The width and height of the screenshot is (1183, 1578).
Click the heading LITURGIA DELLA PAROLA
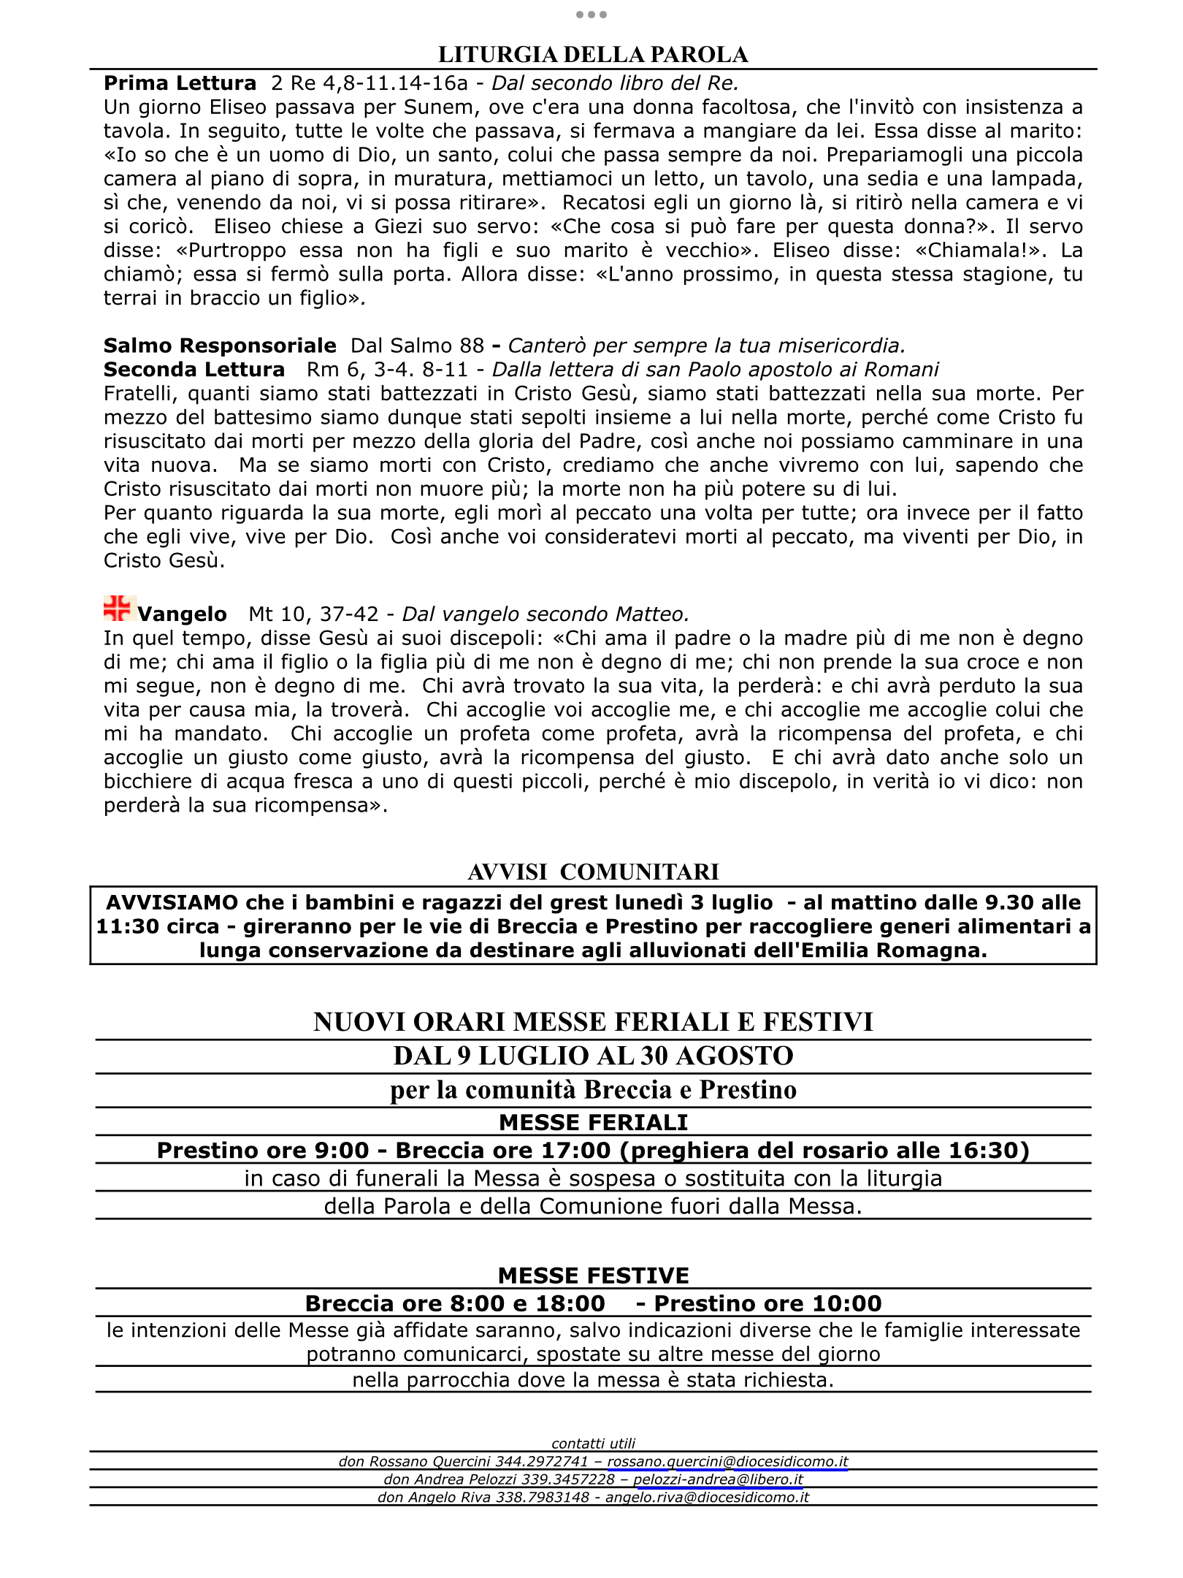coord(592,55)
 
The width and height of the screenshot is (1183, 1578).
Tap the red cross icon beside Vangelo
coord(117,609)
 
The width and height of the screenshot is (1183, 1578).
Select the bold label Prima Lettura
coord(180,83)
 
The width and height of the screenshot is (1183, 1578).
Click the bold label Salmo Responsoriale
coord(220,346)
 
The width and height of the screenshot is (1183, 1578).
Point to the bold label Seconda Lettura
coord(194,370)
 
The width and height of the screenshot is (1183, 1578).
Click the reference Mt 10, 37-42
coord(313,614)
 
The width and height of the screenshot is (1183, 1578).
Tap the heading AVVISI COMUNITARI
coord(593,872)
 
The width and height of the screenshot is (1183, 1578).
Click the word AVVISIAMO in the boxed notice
coord(172,903)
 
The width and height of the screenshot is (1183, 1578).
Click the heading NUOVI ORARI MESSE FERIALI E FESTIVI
coord(593,1022)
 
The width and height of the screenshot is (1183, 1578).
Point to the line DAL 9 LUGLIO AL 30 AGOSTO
coord(593,1056)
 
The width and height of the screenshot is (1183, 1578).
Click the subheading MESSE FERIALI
coord(593,1122)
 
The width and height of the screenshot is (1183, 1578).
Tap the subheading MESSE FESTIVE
coord(593,1276)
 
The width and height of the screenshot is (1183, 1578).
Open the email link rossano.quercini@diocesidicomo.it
coord(727,1462)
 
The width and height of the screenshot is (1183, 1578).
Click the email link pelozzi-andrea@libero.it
coord(718,1479)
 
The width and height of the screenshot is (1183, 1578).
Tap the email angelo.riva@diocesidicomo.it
coord(707,1497)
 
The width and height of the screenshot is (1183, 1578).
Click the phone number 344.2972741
coord(541,1462)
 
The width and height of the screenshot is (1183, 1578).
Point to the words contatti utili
coord(593,1444)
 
